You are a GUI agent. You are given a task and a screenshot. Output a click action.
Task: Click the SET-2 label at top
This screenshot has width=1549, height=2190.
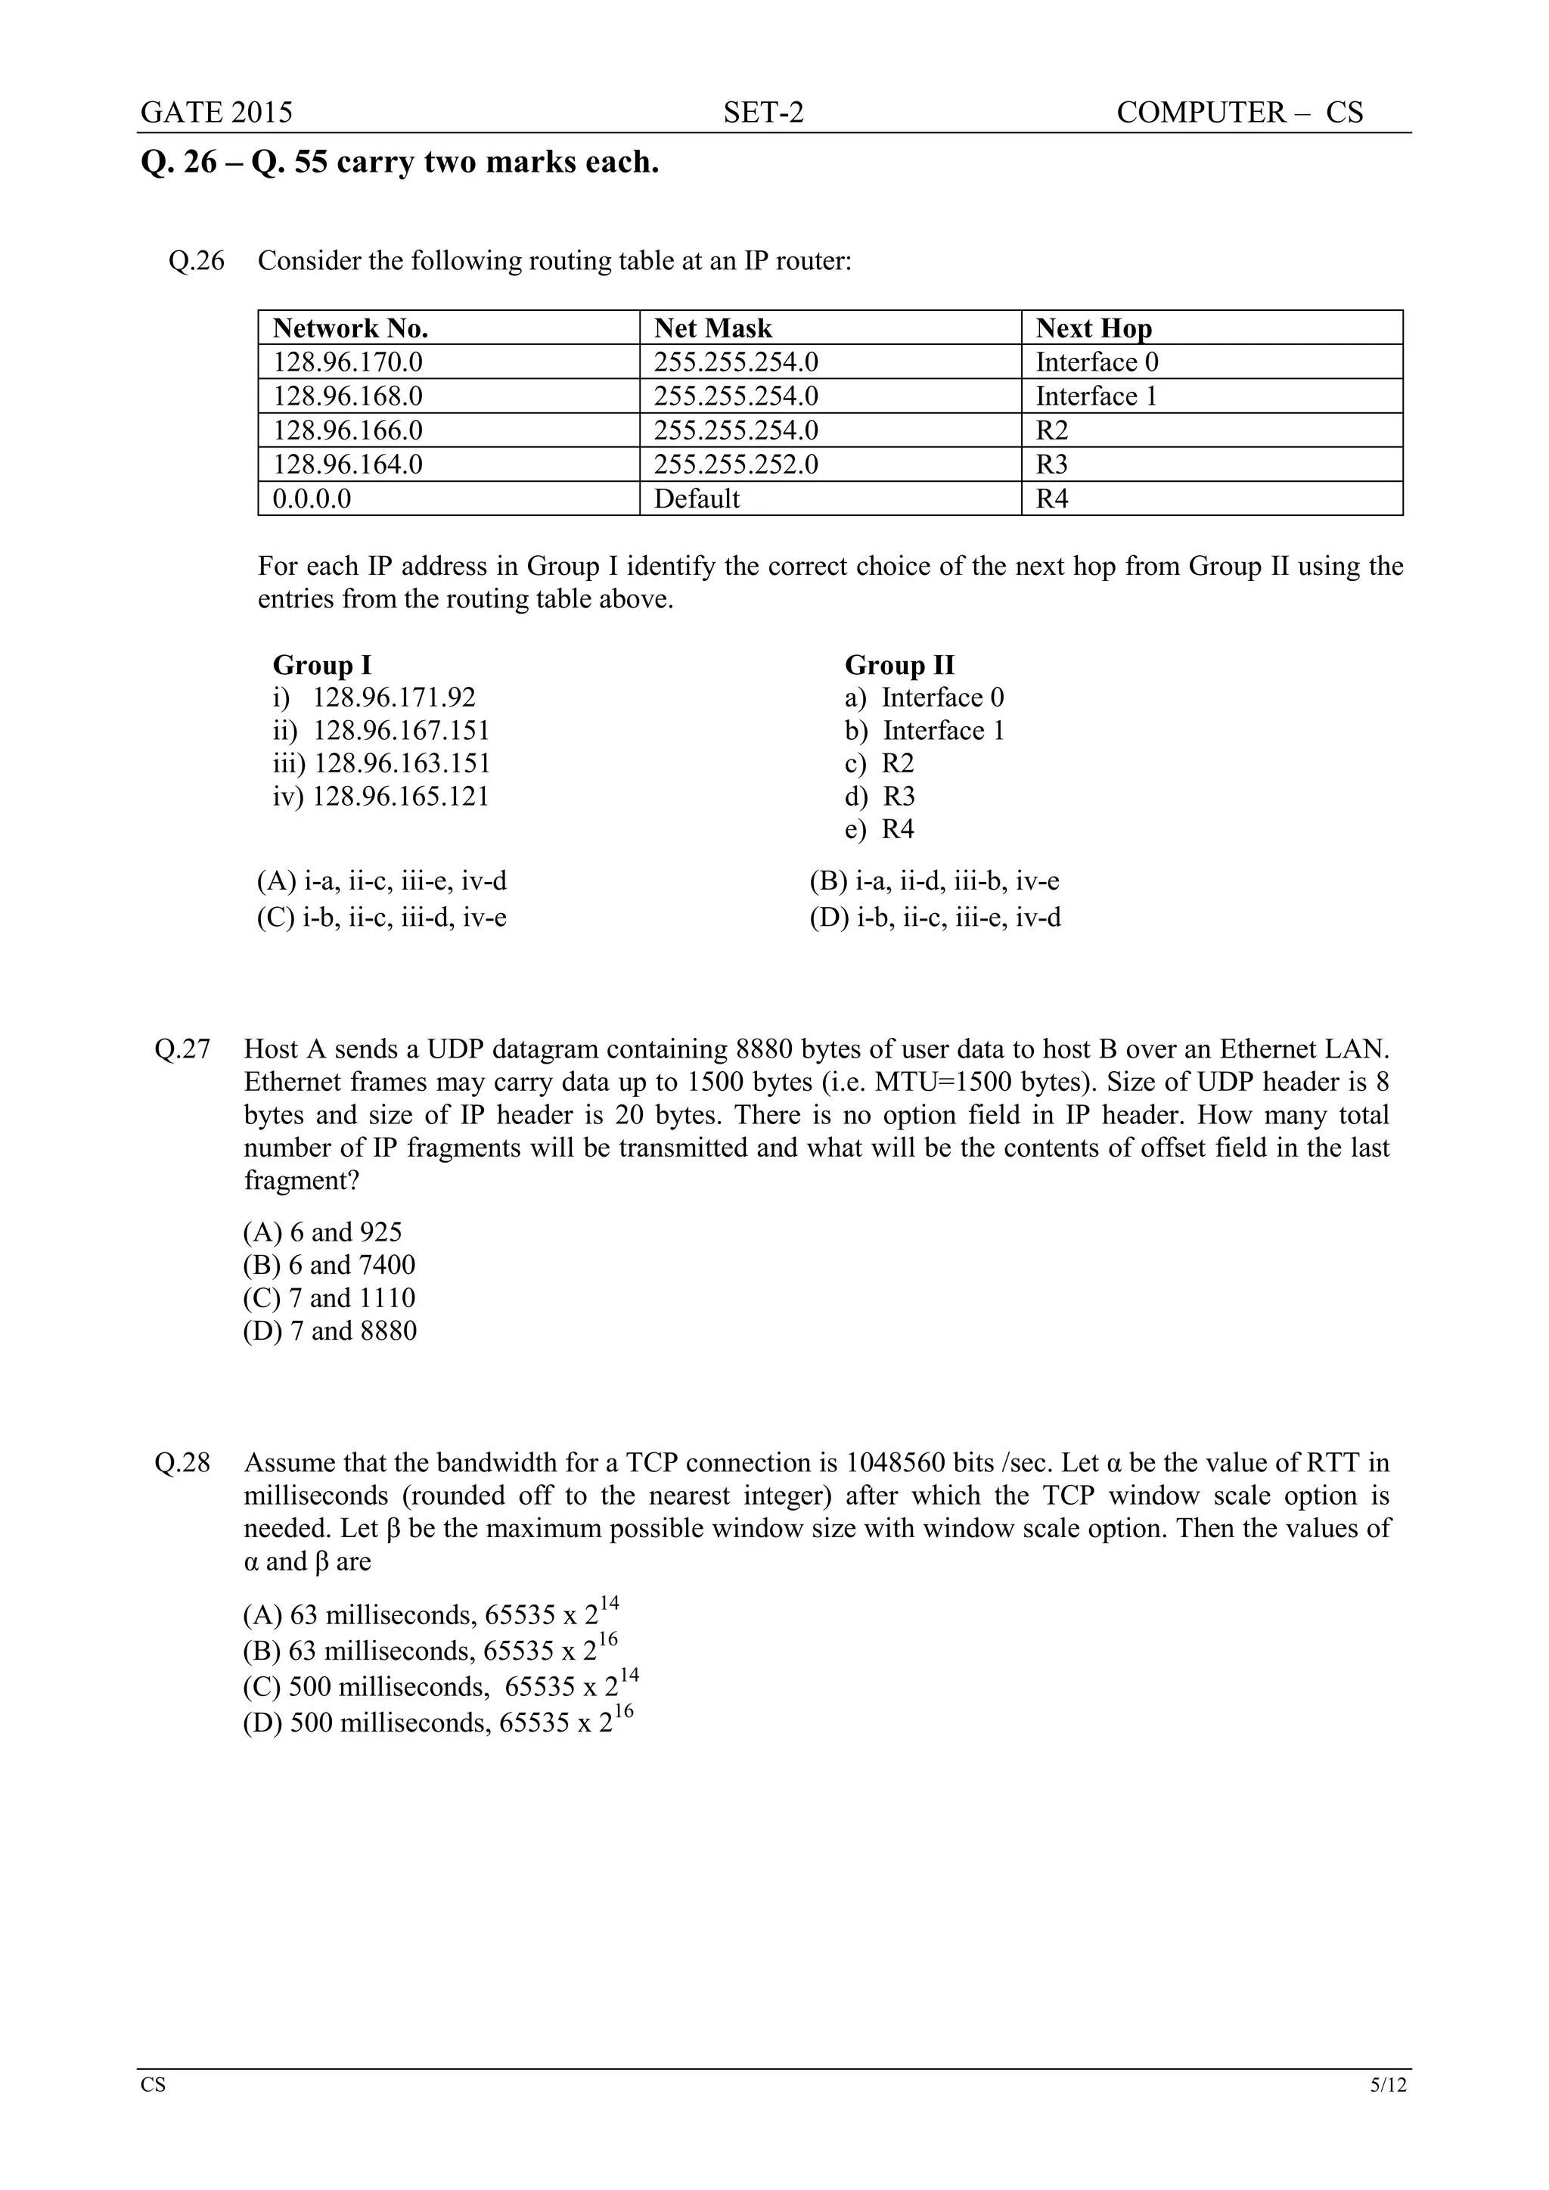click(x=763, y=113)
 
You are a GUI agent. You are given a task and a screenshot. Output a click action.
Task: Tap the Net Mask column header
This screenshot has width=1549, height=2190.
click(x=712, y=328)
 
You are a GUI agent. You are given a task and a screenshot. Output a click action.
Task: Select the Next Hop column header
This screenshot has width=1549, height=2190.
click(x=1093, y=328)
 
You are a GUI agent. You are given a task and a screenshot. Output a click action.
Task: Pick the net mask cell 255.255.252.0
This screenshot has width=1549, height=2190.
click(x=735, y=464)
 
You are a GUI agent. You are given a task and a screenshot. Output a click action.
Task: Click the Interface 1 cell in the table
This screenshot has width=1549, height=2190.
click(x=1096, y=396)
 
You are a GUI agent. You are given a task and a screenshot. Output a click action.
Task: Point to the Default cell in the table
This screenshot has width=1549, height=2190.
click(x=697, y=499)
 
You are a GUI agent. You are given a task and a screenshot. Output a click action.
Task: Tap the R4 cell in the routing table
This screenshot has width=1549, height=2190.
click(x=1052, y=499)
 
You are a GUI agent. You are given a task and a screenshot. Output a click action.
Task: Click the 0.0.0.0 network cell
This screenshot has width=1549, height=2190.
click(x=312, y=499)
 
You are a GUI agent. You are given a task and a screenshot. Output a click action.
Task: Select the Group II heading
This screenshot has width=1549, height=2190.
click(x=899, y=665)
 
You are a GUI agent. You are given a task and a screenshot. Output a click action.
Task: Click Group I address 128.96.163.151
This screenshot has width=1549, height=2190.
click(x=381, y=763)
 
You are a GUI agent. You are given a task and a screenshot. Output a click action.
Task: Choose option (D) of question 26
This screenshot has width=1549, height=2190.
click(x=935, y=918)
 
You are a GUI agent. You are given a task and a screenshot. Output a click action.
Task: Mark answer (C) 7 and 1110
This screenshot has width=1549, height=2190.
click(x=329, y=1297)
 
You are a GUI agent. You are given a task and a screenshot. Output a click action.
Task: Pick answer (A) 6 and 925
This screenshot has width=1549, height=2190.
click(x=322, y=1232)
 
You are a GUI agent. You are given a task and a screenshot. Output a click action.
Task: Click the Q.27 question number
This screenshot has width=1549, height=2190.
click(x=182, y=1049)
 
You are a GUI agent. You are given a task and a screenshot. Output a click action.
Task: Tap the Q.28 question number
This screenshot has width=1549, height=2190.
click(x=182, y=1462)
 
